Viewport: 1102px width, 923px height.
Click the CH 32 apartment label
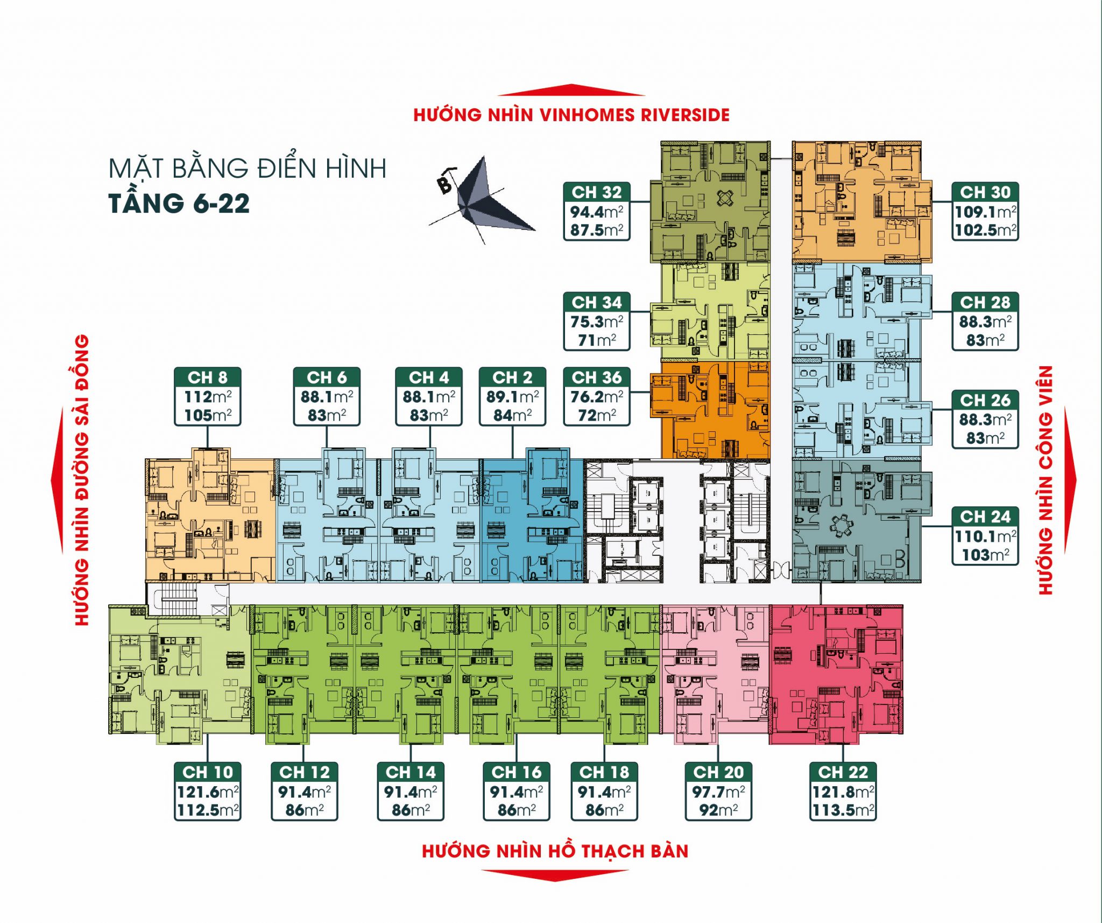coord(597,192)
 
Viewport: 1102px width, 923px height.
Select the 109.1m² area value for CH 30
coord(985,212)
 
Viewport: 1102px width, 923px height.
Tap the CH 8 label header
coord(208,377)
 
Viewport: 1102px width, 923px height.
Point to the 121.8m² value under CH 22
coord(843,792)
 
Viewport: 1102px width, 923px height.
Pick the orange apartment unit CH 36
coord(710,409)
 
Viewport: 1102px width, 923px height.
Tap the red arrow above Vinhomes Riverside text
coord(571,90)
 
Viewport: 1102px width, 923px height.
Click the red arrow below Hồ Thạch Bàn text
coord(554,875)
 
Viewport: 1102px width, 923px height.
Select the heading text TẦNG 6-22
coord(179,204)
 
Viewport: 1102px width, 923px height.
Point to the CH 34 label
coord(597,302)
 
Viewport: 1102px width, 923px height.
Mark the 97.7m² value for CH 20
coord(718,792)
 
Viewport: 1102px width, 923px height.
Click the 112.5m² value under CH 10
coord(208,810)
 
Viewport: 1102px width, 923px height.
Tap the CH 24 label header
coord(985,516)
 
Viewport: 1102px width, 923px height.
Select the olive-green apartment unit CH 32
coord(710,202)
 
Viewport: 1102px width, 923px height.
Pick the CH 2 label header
coord(512,377)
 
